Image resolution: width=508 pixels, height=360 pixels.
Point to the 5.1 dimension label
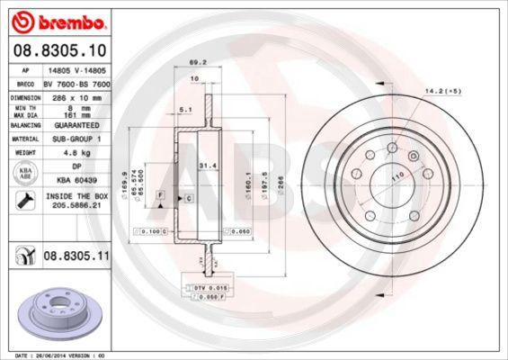(x=185, y=109)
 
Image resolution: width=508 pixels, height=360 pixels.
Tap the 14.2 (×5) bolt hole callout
(x=444, y=92)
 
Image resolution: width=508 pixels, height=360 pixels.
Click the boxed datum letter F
(x=159, y=194)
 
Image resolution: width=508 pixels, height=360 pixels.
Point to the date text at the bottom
(x=56, y=355)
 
